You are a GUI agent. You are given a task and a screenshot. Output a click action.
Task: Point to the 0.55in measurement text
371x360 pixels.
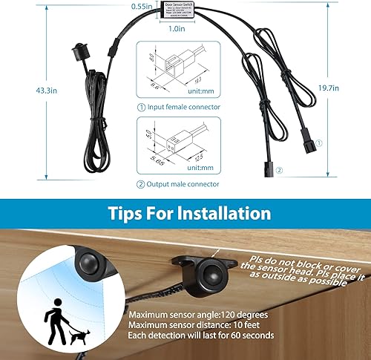click(142, 7)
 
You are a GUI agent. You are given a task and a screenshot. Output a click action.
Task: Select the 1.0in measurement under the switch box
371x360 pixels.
click(177, 28)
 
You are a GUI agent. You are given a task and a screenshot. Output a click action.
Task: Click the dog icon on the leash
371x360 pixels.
click(76, 336)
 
